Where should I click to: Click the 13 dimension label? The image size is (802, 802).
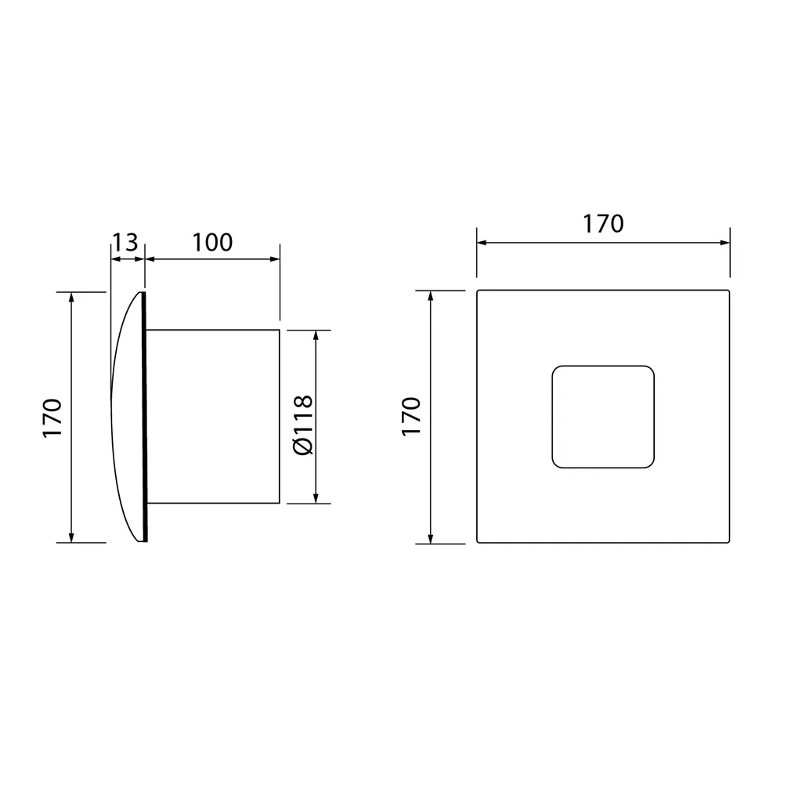(125, 242)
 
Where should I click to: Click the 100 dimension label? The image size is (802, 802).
(212, 242)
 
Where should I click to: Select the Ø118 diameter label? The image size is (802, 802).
(303, 424)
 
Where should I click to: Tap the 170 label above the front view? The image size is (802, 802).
(604, 223)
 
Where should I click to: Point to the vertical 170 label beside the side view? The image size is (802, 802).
(52, 417)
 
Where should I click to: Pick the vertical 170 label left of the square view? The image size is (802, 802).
(411, 416)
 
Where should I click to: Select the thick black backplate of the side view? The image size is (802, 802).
(144, 417)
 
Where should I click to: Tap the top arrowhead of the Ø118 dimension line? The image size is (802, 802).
(316, 335)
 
